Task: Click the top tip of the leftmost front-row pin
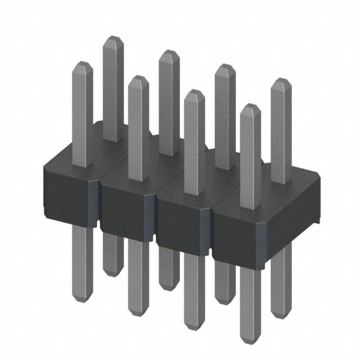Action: pyautogui.click(x=83, y=64)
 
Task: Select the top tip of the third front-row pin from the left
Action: pyautogui.click(x=194, y=92)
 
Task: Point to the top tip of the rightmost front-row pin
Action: pyautogui.click(x=250, y=106)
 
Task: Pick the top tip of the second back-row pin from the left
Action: pyautogui.click(x=169, y=52)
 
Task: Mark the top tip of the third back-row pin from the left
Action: pyautogui.click(x=225, y=66)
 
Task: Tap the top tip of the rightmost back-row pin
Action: pyautogui.click(x=281, y=80)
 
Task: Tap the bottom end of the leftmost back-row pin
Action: pyautogui.click(x=113, y=274)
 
